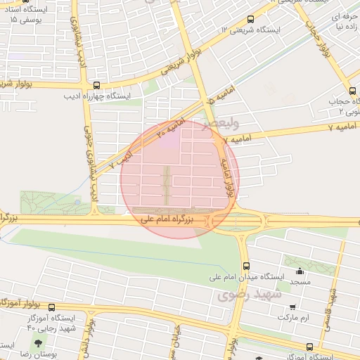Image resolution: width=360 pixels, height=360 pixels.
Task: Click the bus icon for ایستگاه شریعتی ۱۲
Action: click(x=251, y=20)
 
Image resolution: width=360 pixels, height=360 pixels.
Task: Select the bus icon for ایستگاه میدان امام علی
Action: click(x=245, y=266)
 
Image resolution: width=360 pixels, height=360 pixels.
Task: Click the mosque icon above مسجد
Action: click(x=300, y=271)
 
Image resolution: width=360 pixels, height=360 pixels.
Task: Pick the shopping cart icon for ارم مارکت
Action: click(x=292, y=307)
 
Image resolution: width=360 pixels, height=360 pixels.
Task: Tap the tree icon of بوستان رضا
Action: click(x=37, y=343)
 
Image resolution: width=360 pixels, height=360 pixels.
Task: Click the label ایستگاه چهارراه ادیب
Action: click(x=98, y=96)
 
